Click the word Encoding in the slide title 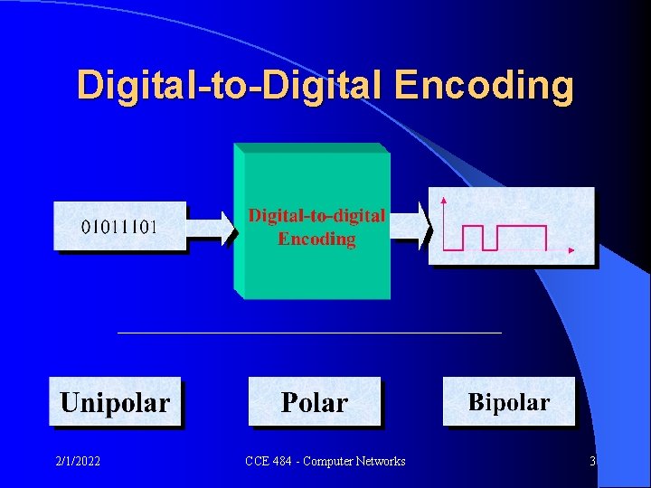click(485, 85)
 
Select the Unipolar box click(115, 402)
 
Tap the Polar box click(315, 402)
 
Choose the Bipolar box click(508, 402)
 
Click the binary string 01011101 click(119, 227)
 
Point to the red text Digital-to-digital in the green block click(316, 215)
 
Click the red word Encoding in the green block click(316, 239)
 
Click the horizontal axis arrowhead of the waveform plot click(571, 249)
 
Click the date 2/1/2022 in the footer click(77, 462)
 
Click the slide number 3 click(592, 462)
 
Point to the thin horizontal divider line click(309, 333)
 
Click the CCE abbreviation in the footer click(257, 462)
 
